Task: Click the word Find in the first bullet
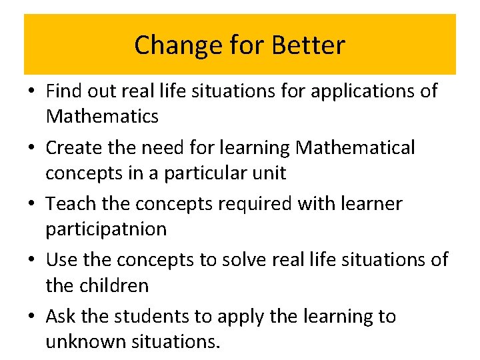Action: tap(63, 90)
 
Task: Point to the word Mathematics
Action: tap(102, 117)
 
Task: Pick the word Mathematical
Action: tap(355, 147)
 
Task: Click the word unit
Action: tap(270, 173)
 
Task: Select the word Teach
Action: tap(69, 203)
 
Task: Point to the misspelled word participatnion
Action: tap(106, 229)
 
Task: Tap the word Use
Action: tap(61, 259)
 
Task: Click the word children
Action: tap(115, 285)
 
